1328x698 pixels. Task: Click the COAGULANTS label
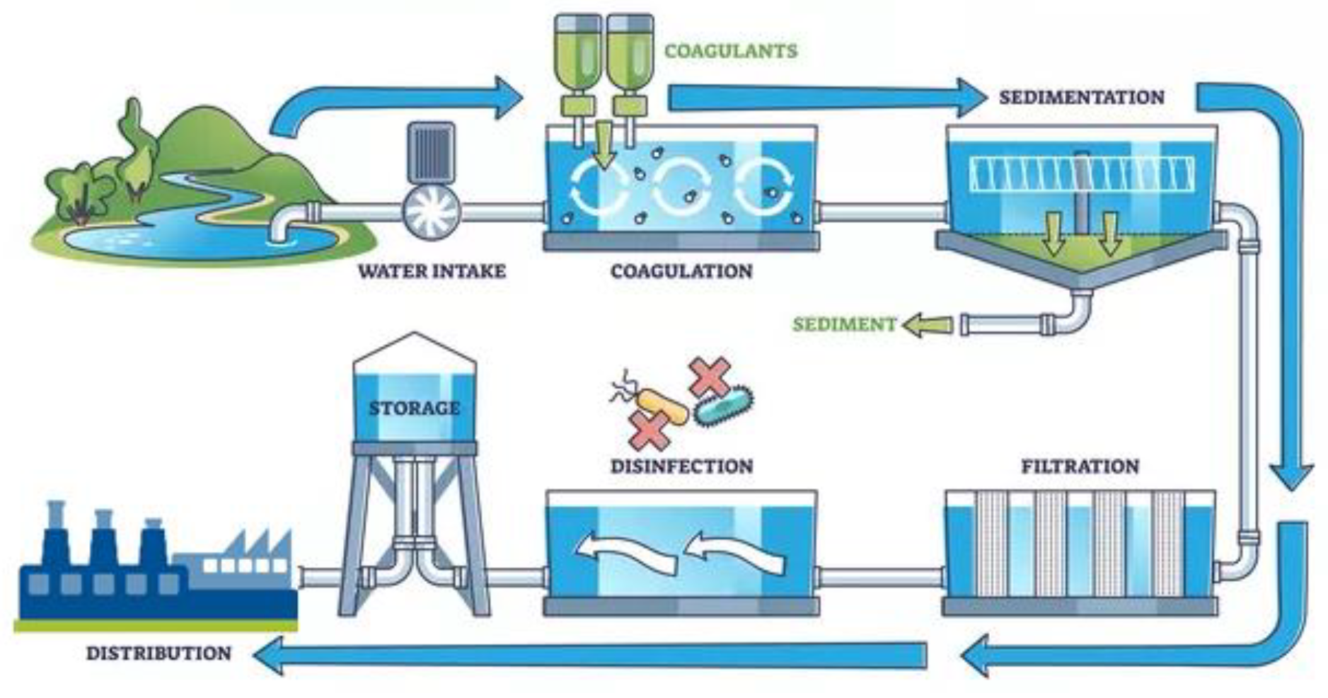click(730, 51)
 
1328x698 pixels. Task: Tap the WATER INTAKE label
click(432, 271)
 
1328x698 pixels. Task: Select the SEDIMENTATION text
click(1081, 97)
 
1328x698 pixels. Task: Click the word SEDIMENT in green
click(843, 325)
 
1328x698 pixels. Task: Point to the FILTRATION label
click(1080, 467)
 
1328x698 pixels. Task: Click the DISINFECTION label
click(681, 467)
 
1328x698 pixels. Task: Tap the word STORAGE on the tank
click(415, 408)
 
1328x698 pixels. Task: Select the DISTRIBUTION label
click(158, 653)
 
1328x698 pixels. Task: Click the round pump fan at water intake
click(432, 210)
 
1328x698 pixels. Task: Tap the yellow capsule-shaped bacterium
click(663, 406)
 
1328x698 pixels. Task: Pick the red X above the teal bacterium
click(708, 375)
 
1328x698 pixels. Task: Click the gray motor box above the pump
click(431, 152)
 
